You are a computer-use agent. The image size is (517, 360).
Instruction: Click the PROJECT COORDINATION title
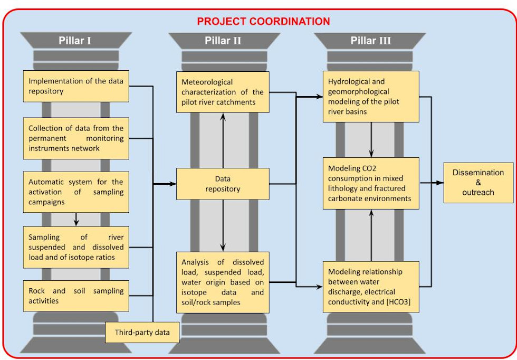[263, 22]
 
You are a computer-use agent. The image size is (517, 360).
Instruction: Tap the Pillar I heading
[75, 41]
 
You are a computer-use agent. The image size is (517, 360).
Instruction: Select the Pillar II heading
[223, 41]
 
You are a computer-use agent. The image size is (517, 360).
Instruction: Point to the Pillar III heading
[370, 41]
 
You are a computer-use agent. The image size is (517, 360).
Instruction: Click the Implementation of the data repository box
[76, 86]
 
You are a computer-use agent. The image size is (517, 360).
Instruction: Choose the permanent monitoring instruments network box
[76, 138]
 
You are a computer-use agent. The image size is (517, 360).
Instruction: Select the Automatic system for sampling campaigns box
[76, 192]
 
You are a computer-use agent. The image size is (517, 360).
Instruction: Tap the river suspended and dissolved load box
[76, 247]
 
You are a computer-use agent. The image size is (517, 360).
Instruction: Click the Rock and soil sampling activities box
[76, 296]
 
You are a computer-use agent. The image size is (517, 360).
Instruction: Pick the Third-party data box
[142, 332]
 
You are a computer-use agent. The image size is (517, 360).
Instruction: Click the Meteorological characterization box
[223, 92]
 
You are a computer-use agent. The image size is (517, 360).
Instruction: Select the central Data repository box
[223, 184]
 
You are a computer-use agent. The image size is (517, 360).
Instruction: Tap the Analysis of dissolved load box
[223, 282]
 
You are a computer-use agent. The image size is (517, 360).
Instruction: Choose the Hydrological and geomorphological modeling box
[371, 97]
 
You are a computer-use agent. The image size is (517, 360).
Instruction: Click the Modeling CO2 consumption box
[371, 184]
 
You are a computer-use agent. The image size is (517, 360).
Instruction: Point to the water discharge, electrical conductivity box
[371, 287]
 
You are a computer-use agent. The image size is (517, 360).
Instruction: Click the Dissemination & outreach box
[478, 183]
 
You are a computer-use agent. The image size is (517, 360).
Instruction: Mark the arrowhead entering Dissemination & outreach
[440, 183]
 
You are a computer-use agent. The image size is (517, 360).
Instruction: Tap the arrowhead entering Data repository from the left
[173, 184]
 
